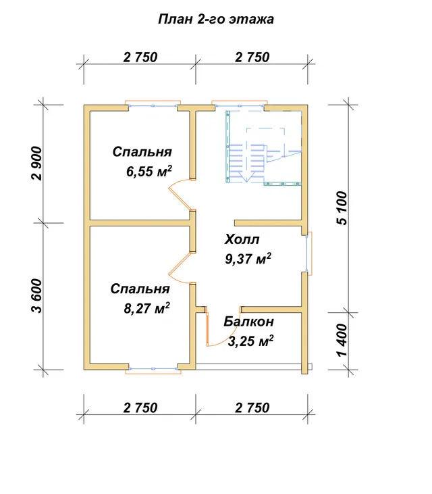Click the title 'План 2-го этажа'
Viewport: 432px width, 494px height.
point(216,20)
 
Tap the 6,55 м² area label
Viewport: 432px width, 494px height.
point(149,172)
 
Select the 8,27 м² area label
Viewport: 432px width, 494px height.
point(147,308)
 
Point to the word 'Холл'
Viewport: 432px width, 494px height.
point(242,239)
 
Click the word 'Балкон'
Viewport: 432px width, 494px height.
point(248,322)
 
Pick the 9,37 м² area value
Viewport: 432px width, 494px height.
point(248,259)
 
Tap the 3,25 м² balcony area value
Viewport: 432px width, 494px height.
point(250,341)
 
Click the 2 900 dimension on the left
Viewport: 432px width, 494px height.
point(36,163)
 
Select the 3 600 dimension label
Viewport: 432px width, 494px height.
point(36,296)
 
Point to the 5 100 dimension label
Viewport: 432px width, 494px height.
point(342,208)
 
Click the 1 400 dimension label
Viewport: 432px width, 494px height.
point(342,340)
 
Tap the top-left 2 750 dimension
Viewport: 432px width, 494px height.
point(140,57)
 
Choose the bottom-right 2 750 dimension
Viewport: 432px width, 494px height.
point(252,407)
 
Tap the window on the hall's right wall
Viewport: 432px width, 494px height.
point(308,253)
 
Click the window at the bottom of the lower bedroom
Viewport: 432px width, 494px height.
point(153,370)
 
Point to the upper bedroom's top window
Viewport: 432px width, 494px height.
point(153,104)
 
